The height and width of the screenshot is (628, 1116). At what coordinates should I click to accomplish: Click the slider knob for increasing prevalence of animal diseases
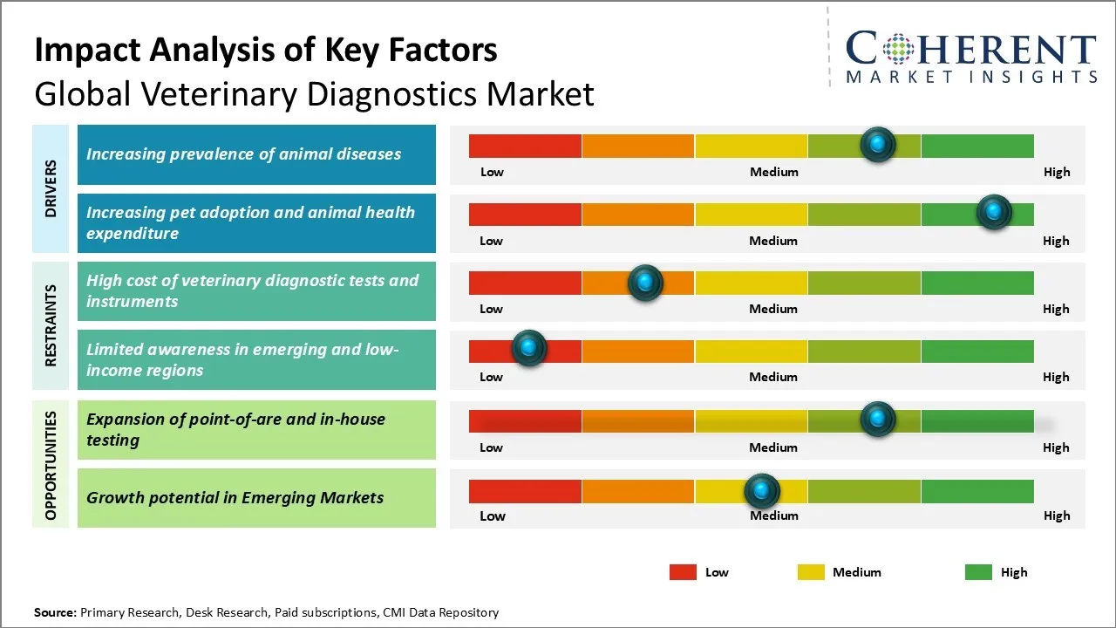coord(878,144)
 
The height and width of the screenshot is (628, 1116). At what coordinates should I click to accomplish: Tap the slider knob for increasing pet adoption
coord(993,212)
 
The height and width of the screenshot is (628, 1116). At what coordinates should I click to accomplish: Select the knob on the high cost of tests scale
coord(645,282)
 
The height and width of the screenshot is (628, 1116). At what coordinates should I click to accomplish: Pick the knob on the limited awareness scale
coord(528,349)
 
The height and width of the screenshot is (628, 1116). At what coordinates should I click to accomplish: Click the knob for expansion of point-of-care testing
coord(878,419)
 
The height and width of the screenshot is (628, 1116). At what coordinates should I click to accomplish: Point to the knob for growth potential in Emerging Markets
coord(762,491)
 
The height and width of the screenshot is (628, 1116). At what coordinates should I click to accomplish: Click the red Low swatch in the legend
coord(683,572)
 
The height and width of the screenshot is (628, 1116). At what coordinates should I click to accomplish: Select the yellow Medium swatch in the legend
coord(811,572)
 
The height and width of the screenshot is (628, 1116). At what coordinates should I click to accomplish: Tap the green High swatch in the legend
coord(978,572)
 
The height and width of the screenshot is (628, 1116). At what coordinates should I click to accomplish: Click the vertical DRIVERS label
coord(51,188)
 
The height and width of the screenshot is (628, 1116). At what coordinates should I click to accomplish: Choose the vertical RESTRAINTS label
coord(51,324)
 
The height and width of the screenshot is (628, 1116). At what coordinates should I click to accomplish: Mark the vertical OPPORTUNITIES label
coord(51,466)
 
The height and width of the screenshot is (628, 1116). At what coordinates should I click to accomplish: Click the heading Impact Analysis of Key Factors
coord(266,51)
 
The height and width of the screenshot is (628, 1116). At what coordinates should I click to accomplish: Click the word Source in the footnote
coord(55,612)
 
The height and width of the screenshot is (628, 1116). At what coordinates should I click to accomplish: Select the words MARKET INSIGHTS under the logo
coord(971,77)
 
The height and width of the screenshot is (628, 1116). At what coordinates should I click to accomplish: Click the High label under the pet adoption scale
coord(1056,241)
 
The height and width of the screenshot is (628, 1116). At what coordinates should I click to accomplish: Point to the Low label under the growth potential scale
coord(492,515)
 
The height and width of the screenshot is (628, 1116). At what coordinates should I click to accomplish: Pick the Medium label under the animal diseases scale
coord(773,172)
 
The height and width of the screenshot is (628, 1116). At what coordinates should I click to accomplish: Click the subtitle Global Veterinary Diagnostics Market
coord(314,93)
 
